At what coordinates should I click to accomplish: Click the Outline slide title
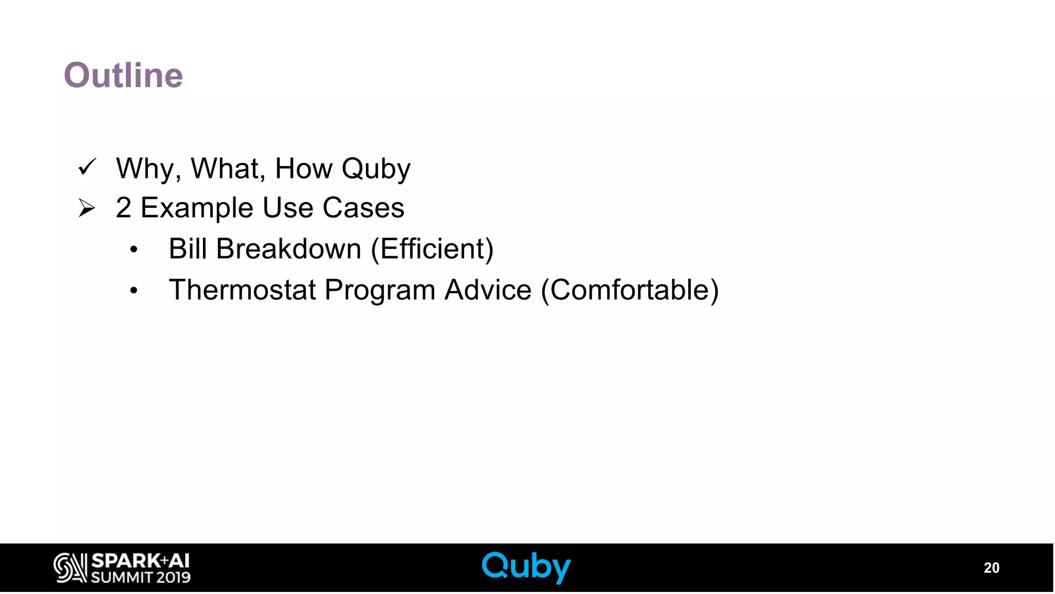[x=123, y=75]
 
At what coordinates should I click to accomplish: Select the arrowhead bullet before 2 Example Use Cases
[x=87, y=208]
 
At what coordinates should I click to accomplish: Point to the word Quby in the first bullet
[x=376, y=169]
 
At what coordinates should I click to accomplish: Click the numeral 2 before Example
[x=123, y=208]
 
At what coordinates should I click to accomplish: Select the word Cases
[x=363, y=208]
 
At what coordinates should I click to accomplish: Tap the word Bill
[x=188, y=249]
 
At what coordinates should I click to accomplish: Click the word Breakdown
[x=288, y=249]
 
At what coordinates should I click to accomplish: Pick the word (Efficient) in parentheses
[x=432, y=249]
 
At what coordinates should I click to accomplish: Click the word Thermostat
[x=242, y=290]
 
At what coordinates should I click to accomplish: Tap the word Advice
[x=488, y=290]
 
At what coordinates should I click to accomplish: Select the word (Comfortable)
[x=629, y=290]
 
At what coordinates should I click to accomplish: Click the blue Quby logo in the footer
[x=526, y=567]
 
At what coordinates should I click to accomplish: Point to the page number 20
[x=991, y=568]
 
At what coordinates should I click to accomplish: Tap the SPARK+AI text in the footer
[x=140, y=560]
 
